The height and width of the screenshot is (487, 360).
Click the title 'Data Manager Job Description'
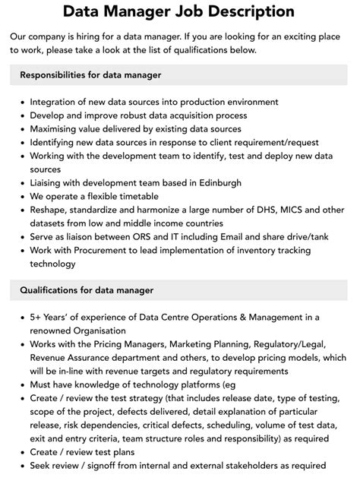(179, 11)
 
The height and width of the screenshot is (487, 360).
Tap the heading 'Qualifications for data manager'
(87, 290)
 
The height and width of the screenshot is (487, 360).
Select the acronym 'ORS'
(150, 237)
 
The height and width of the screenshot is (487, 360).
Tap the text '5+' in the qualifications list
(37, 318)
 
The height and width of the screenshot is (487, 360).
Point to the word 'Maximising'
(57, 129)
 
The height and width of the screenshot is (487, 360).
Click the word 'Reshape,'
(51, 210)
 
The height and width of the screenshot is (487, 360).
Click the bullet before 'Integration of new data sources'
(21, 103)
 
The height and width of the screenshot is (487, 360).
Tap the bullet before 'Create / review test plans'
(21, 453)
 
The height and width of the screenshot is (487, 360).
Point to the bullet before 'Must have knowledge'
(21, 385)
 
